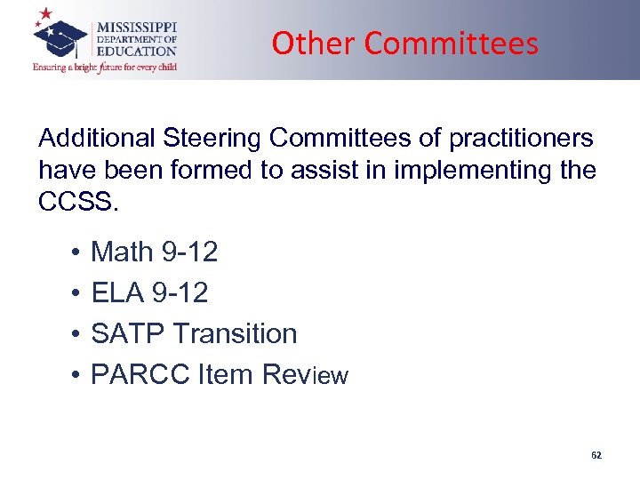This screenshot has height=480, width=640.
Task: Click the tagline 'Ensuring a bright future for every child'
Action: point(105,67)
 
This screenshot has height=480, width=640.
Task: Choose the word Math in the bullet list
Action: point(123,252)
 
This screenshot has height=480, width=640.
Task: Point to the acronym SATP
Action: point(129,333)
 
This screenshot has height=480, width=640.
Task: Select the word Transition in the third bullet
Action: point(235,333)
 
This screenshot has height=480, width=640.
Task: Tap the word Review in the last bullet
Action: point(305,375)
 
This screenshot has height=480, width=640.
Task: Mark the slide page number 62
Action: point(596,455)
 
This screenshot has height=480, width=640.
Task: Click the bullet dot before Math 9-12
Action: point(71,253)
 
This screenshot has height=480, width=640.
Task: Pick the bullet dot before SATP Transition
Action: point(71,334)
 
